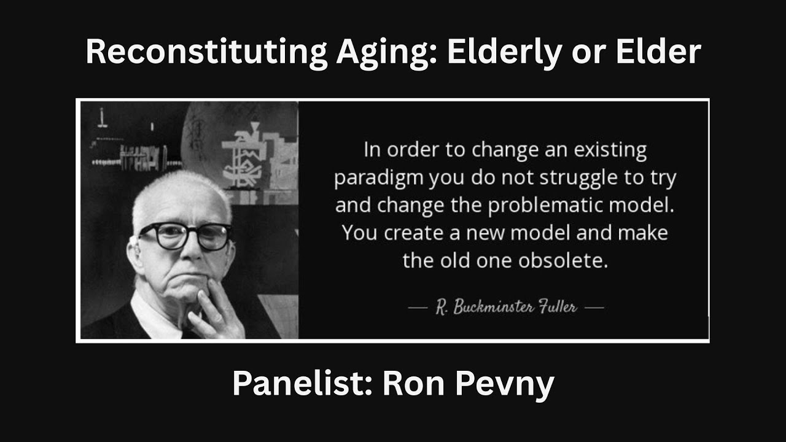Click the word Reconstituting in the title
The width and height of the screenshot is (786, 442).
point(206,53)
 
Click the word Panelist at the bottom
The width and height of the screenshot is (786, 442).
point(302,384)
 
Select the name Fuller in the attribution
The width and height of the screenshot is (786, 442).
point(559,307)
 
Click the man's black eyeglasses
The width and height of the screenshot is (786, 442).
point(184,236)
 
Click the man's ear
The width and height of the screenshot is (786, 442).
point(133,252)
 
